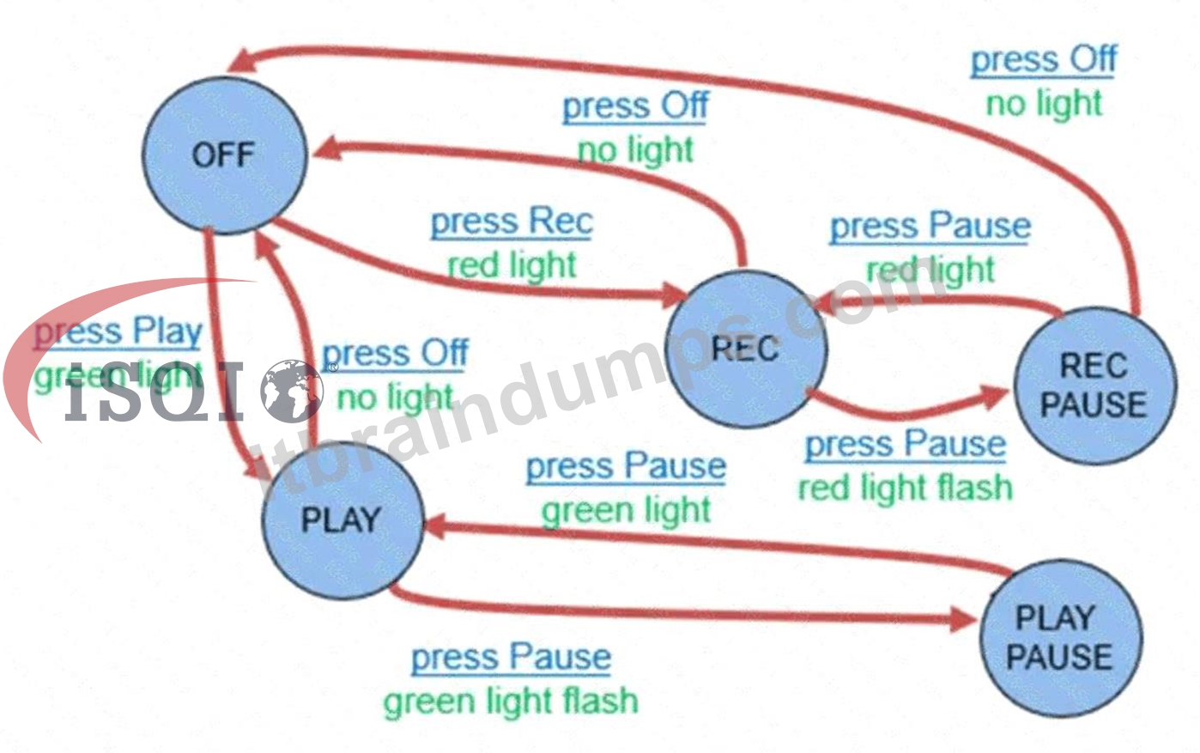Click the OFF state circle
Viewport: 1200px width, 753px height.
[x=225, y=155]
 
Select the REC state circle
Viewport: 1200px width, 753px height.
[x=746, y=349]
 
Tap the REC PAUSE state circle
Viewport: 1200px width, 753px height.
[x=1095, y=386]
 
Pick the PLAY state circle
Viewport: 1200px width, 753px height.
[x=342, y=520]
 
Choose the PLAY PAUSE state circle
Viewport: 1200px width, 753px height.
[x=1061, y=638]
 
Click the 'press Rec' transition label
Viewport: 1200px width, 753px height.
[x=512, y=223]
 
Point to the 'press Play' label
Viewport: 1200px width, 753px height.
[x=118, y=333]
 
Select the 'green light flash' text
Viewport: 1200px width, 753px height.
[x=511, y=701]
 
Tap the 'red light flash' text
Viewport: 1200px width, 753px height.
[x=906, y=489]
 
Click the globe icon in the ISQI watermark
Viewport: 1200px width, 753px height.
[x=292, y=391]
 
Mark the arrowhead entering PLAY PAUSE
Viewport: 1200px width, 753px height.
[x=964, y=620]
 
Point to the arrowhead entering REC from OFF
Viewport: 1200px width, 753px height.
[x=674, y=295]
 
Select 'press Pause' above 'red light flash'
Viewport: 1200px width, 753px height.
[x=906, y=446]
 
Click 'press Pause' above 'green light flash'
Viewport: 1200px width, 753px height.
[x=511, y=659]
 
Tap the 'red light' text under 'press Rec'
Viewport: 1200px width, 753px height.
[x=512, y=266]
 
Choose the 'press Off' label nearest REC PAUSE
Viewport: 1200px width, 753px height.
[x=1044, y=61]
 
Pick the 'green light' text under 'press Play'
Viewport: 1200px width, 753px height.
[x=118, y=377]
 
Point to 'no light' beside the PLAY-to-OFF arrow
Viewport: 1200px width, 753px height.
[x=396, y=398]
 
